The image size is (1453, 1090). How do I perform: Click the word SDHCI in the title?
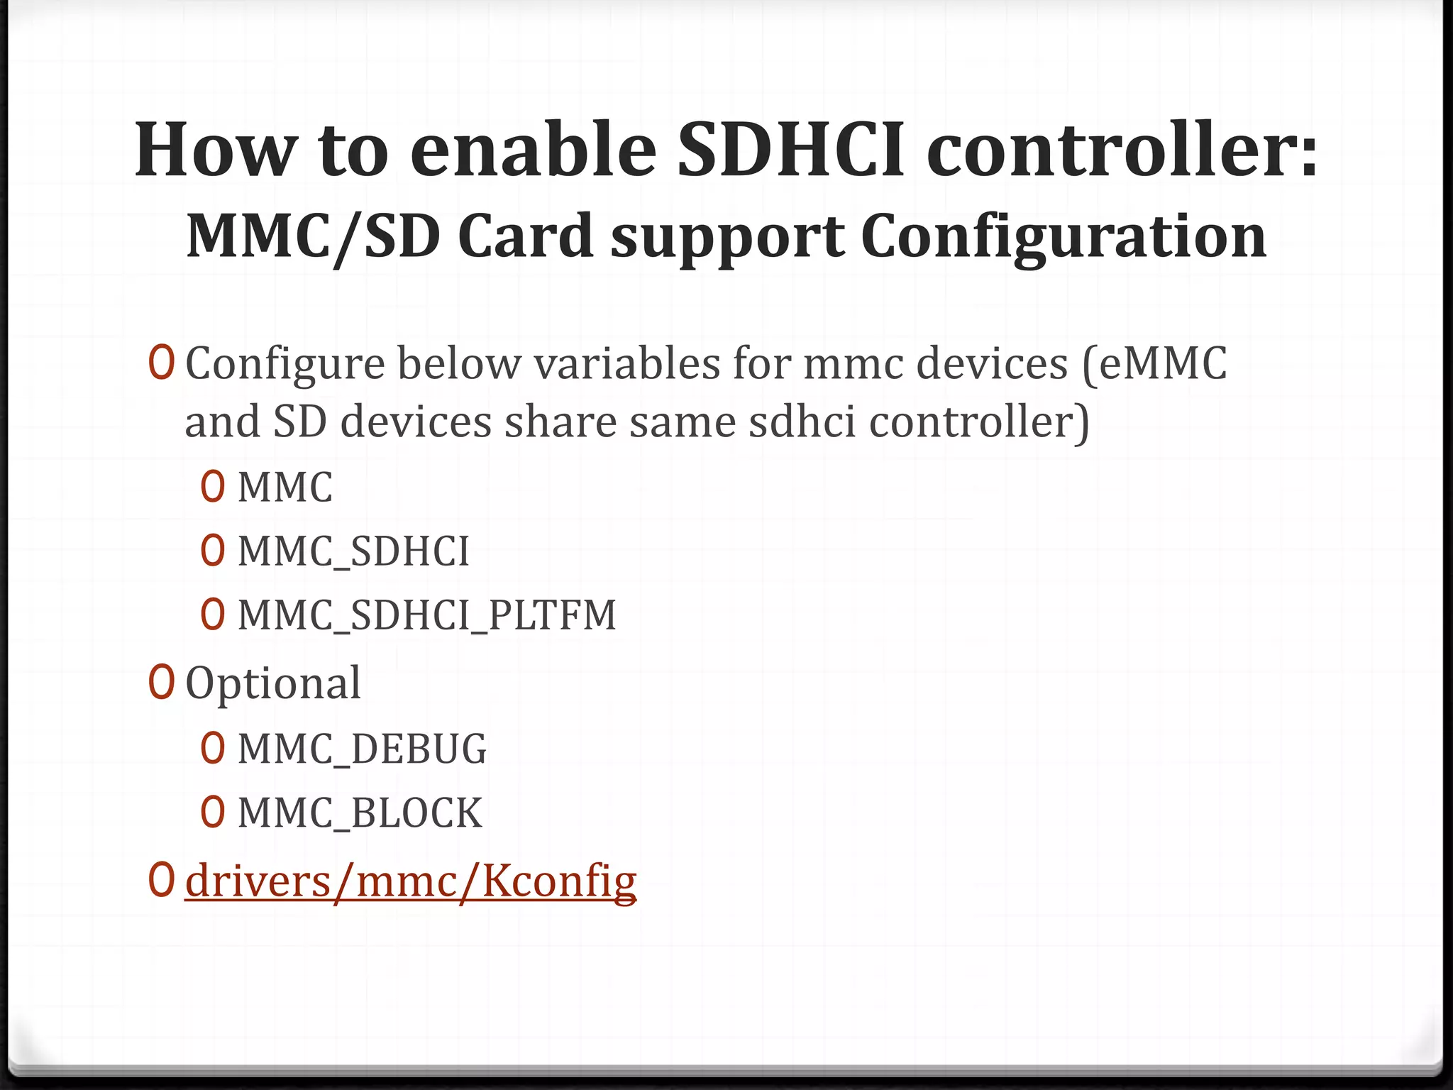(791, 150)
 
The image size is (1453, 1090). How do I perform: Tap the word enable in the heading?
(533, 150)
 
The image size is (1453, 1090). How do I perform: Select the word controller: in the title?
(1122, 150)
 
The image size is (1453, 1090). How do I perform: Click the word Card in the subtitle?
(524, 236)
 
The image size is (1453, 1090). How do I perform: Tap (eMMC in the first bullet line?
(1154, 363)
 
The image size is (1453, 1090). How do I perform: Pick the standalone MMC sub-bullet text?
(285, 488)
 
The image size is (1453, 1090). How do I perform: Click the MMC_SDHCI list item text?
(353, 551)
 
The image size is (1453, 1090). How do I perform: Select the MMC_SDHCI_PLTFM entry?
(426, 615)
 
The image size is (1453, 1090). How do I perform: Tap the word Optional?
(273, 683)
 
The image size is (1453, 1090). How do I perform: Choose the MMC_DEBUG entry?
(362, 749)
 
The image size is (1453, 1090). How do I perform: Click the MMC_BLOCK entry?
(360, 813)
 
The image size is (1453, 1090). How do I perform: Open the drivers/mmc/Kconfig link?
(411, 881)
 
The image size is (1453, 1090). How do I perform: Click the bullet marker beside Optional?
(161, 682)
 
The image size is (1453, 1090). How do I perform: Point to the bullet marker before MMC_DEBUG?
(213, 749)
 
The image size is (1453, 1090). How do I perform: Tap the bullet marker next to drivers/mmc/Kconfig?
(161, 880)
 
